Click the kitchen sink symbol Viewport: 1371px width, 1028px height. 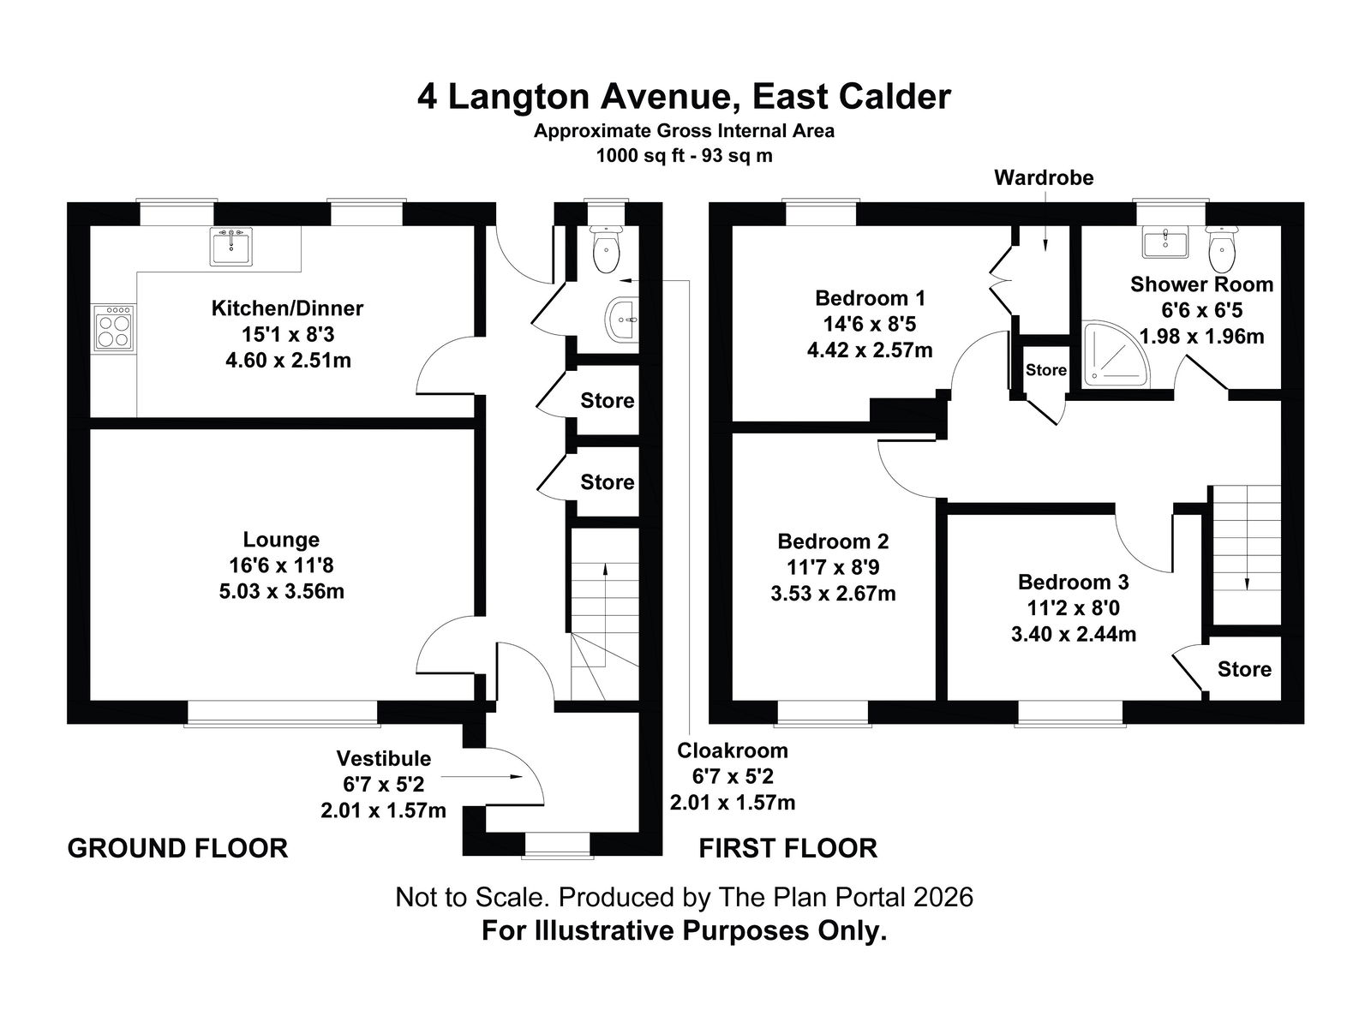pyautogui.click(x=231, y=247)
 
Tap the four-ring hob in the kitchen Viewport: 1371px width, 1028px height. pyautogui.click(x=114, y=328)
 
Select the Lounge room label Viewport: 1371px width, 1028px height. pyautogui.click(x=281, y=540)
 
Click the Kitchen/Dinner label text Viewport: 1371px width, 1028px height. pyautogui.click(x=287, y=308)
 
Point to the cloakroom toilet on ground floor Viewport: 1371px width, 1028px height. pyautogui.click(x=606, y=248)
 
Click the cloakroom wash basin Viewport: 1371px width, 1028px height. pyautogui.click(x=621, y=320)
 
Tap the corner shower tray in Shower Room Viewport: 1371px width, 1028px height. pyautogui.click(x=1115, y=354)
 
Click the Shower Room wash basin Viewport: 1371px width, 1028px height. pyautogui.click(x=1165, y=242)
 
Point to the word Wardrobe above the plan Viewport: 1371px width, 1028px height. pyautogui.click(x=1044, y=178)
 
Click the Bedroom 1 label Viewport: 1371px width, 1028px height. pyautogui.click(x=870, y=298)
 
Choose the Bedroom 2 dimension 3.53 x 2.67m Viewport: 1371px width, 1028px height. pyautogui.click(x=833, y=593)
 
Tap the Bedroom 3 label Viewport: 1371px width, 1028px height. pyautogui.click(x=1074, y=582)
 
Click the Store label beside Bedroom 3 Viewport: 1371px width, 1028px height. pyautogui.click(x=1244, y=669)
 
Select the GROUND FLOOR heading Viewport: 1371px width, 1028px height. pyautogui.click(x=177, y=849)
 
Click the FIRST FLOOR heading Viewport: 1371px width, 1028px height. pyautogui.click(x=788, y=849)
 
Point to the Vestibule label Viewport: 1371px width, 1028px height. pyautogui.click(x=384, y=758)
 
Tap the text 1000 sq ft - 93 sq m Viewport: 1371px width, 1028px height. pyautogui.click(x=684, y=155)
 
